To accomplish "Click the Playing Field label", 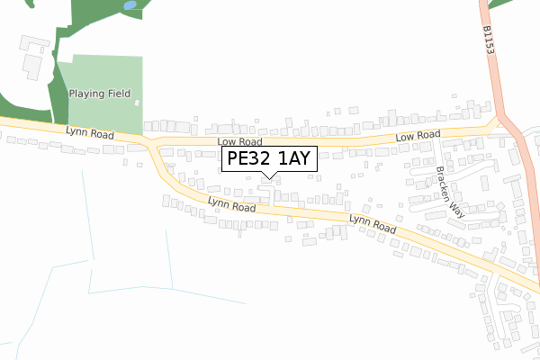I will (99, 94).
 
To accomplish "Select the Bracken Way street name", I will (448, 192).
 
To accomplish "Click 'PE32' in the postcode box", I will (248, 160).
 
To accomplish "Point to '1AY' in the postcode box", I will (293, 160).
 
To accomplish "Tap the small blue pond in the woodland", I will (131, 5).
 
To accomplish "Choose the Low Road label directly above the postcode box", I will (239, 142).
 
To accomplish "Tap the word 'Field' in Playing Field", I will (119, 94).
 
